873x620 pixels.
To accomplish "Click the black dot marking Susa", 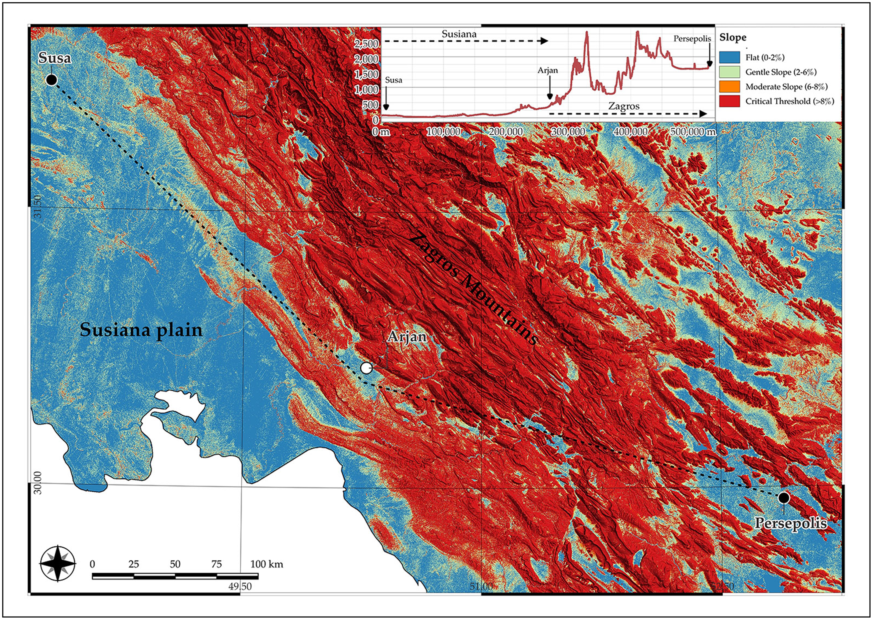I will coord(52,80).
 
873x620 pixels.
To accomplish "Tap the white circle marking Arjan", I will coord(366,368).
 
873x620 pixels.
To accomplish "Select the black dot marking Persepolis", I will coord(784,498).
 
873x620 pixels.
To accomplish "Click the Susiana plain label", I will coord(141,330).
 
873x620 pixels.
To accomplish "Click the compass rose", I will coord(58,563).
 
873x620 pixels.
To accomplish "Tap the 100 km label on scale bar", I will coord(266,564).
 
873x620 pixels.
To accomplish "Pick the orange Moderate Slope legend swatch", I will coord(729,87).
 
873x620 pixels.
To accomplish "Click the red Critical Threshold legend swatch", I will coord(729,101).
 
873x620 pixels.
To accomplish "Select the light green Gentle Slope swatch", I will coord(729,72).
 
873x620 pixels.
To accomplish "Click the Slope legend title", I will coord(733,38).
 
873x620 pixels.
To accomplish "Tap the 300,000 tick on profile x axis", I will coord(568,132).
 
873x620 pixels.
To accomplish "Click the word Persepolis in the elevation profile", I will coord(692,39).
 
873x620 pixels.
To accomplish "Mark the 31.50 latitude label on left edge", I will coord(38,206).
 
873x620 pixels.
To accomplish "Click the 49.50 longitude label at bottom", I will coord(240,586).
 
